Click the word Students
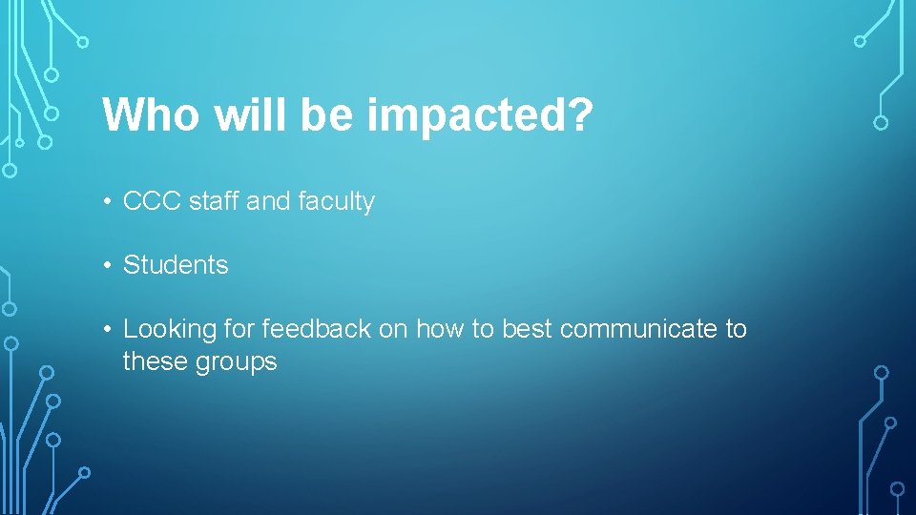click(176, 265)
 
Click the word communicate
click(639, 329)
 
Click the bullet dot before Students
click(111, 265)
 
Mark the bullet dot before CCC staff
click(111, 202)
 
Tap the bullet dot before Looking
click(111, 329)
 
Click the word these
click(152, 361)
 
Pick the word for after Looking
click(239, 329)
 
